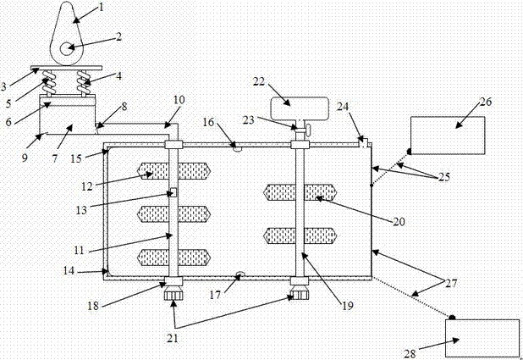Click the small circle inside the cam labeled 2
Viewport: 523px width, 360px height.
[x=66, y=49]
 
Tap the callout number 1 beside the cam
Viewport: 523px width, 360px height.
[x=102, y=6]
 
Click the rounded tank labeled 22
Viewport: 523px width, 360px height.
[x=300, y=108]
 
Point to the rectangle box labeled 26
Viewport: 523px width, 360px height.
[x=448, y=136]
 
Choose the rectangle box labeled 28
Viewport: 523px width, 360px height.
[x=482, y=338]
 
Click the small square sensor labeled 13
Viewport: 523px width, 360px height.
[x=173, y=192]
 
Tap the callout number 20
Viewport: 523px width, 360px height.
[x=399, y=221]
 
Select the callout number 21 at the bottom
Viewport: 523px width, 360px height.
[x=173, y=338]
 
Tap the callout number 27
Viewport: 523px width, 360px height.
[x=452, y=283]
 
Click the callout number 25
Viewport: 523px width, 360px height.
[x=444, y=177]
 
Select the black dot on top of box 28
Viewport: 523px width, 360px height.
[x=452, y=318]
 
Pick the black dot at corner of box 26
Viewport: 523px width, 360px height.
[x=409, y=152]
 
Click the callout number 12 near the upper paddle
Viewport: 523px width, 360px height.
[x=87, y=186]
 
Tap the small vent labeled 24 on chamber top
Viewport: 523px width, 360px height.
[x=364, y=142]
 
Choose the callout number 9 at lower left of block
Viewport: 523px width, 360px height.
[x=25, y=158]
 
